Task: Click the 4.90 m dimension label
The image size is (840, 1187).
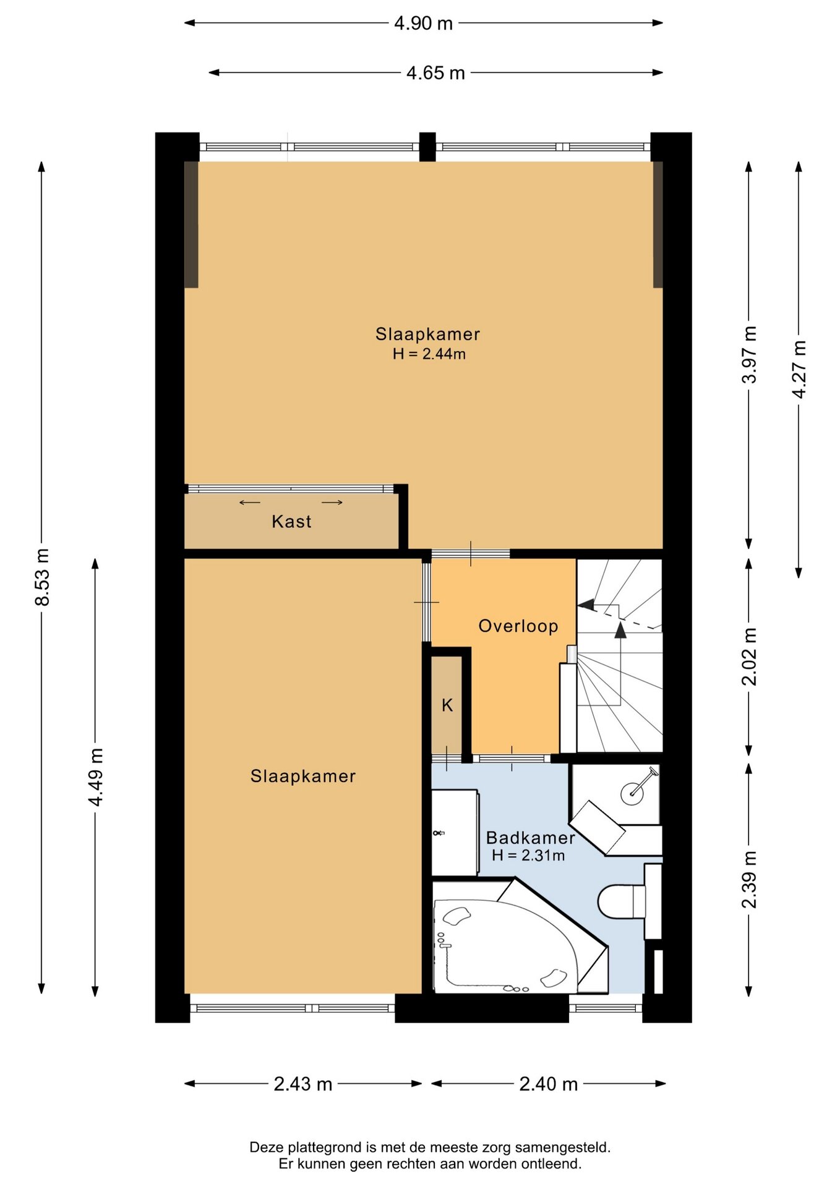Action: pyautogui.click(x=424, y=23)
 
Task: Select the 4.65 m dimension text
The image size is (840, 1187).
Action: pyautogui.click(x=435, y=73)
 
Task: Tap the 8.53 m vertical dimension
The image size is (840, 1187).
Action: pyautogui.click(x=42, y=576)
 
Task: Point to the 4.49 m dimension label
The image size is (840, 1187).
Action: pyautogui.click(x=95, y=776)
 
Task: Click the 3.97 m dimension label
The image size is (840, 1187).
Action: pyautogui.click(x=749, y=354)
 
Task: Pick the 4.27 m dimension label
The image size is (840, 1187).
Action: pyautogui.click(x=799, y=369)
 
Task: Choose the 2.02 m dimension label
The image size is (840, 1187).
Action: pyautogui.click(x=749, y=657)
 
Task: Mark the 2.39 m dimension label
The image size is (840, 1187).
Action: pyautogui.click(x=749, y=879)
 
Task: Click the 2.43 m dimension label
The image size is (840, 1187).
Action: pyautogui.click(x=303, y=1084)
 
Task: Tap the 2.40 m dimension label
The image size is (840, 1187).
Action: pyautogui.click(x=549, y=1084)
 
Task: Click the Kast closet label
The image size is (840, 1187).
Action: pyautogui.click(x=291, y=522)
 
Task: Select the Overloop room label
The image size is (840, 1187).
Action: pyautogui.click(x=518, y=626)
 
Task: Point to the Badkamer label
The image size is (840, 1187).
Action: pyautogui.click(x=531, y=838)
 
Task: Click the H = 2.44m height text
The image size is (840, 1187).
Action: pyautogui.click(x=429, y=354)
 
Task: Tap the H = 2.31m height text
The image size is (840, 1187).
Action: pyautogui.click(x=528, y=856)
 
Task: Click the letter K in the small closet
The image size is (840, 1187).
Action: pyautogui.click(x=447, y=705)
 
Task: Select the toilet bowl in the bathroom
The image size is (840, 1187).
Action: pyautogui.click(x=622, y=901)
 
